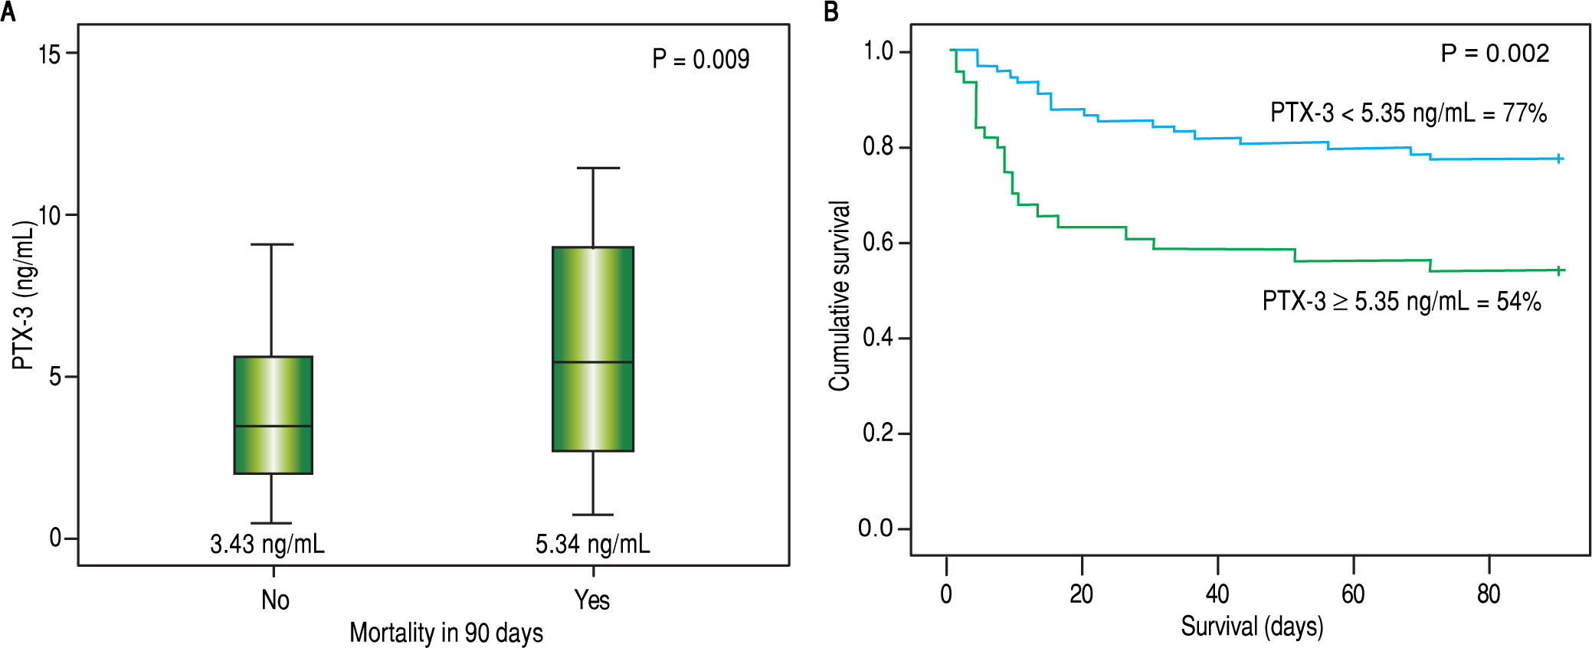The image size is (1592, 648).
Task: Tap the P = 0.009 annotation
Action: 700,60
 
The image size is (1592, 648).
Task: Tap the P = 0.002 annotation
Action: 1495,53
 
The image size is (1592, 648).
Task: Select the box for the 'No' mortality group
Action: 273,415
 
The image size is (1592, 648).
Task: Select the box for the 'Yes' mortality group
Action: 593,349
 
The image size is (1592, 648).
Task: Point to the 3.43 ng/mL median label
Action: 267,545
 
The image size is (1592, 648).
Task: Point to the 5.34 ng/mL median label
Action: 593,545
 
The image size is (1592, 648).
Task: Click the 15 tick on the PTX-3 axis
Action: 49,54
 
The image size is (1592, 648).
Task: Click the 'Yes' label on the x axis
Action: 592,600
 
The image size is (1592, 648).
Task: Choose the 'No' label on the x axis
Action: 275,600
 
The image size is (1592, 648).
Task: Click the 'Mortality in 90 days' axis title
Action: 446,633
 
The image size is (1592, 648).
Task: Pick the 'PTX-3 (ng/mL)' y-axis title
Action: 25,295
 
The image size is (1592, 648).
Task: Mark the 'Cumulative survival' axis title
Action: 840,296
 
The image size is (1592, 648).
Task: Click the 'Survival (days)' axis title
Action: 1252,627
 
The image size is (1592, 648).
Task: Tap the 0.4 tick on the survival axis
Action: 878,338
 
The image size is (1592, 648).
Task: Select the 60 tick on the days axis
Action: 1353,594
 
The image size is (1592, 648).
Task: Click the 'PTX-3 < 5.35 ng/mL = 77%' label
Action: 1408,113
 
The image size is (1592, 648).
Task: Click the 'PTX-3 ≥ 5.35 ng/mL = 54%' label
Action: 1401,301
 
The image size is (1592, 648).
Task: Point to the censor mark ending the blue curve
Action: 1559,159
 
